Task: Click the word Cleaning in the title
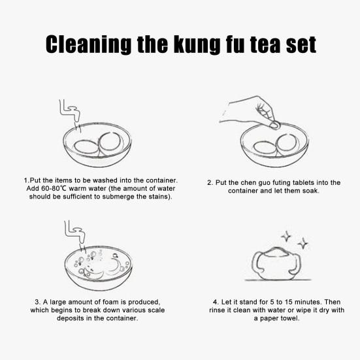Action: [x=88, y=44]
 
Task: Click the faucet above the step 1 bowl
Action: [x=69, y=110]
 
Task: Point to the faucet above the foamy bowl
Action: [x=75, y=232]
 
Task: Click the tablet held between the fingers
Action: [x=274, y=125]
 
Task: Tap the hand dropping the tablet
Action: [x=248, y=111]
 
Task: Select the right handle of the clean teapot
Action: [x=296, y=263]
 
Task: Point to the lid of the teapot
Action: [x=276, y=252]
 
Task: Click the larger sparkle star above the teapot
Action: [x=303, y=243]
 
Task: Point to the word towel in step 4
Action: [x=291, y=318]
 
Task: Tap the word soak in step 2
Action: [x=311, y=191]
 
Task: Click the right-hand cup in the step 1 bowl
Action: [x=110, y=144]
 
